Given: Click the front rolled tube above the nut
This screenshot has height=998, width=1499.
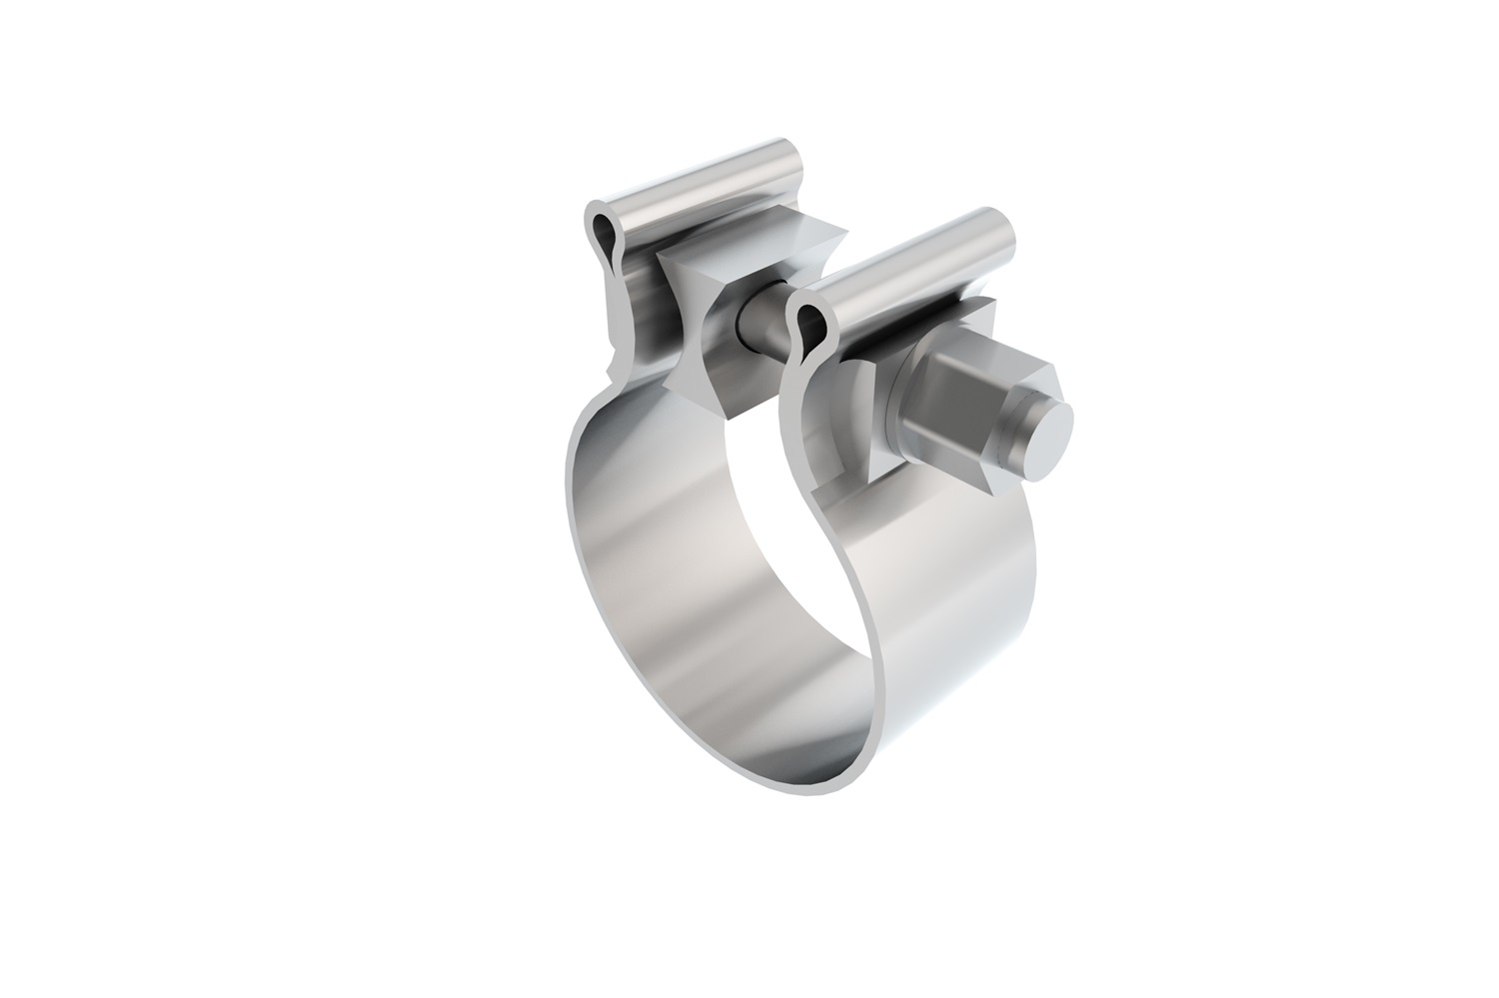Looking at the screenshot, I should click(899, 265).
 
